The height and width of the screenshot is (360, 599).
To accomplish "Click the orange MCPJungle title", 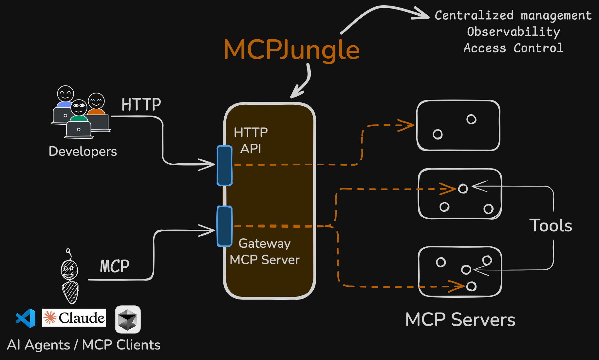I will tap(291, 50).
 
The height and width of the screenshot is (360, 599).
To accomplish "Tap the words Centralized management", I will tap(513, 15).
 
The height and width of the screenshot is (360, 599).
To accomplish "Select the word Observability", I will tap(513, 32).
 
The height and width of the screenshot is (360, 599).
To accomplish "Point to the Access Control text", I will tap(513, 48).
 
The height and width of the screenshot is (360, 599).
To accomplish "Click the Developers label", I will tap(83, 151).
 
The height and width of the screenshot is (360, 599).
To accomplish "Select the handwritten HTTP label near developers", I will tap(141, 105).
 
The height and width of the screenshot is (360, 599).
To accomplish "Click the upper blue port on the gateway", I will tap(225, 166).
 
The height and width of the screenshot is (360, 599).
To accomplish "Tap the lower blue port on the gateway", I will tap(225, 226).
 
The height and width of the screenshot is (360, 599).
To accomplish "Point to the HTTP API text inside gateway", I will tap(251, 140).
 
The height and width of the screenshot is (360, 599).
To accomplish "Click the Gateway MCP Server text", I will tap(265, 252).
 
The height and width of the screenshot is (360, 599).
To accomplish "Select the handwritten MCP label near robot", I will tap(115, 266).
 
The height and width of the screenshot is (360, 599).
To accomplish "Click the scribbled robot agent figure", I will tap(70, 278).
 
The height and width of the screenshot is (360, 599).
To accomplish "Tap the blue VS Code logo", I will tap(26, 318).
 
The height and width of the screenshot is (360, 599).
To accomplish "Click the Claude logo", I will tap(74, 318).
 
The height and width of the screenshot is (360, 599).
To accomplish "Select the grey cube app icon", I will tap(128, 319).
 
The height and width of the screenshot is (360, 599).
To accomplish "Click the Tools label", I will tap(551, 225).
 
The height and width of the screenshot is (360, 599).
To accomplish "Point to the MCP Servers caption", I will tap(460, 320).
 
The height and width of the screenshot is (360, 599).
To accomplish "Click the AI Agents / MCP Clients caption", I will tap(84, 345).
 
